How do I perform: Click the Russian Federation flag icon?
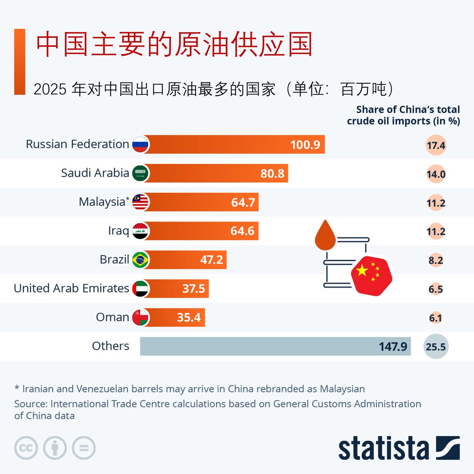140,144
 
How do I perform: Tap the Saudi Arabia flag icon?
140,173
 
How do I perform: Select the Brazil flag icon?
140,260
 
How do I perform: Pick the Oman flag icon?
140,317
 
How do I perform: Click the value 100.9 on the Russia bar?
305,144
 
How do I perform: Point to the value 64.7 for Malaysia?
243,202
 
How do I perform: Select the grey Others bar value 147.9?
393,347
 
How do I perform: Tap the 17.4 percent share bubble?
435,145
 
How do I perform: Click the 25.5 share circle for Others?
435,347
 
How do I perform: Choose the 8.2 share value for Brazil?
435,260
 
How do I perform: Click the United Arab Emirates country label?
71,288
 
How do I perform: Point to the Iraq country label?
118,231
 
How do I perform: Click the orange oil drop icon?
325,235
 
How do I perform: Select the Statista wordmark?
383,448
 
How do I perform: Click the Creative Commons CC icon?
26,448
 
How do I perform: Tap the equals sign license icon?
84,448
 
